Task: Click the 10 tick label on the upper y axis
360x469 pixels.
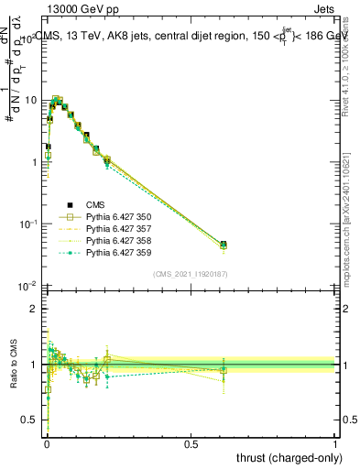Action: tap(30, 99)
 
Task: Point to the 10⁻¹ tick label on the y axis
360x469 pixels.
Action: tap(28, 223)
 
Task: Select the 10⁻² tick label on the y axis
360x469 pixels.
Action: tap(28, 285)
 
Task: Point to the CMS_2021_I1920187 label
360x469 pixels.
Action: tap(191, 274)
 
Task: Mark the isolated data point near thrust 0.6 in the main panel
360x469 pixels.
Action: tap(224, 245)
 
